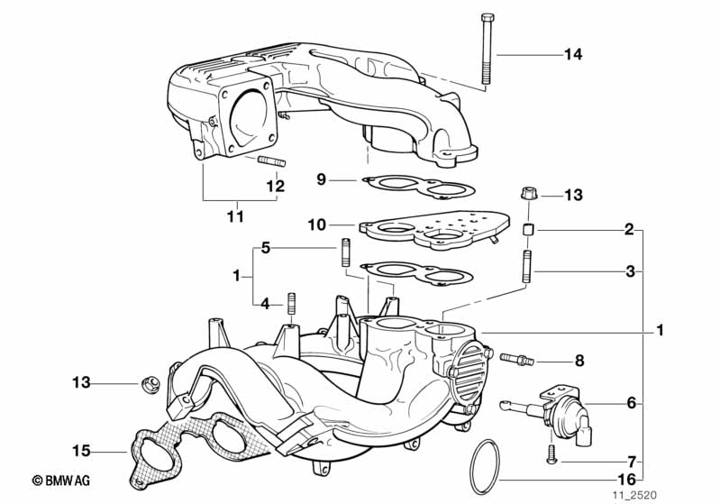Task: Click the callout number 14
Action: [x=573, y=55]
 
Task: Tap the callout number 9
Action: [x=321, y=179]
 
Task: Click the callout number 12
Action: [x=275, y=187]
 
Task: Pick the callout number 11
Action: [x=234, y=216]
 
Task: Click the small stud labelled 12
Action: [x=271, y=162]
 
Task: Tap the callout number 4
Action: [x=265, y=304]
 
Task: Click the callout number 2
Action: [x=630, y=229]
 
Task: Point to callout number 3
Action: [x=630, y=270]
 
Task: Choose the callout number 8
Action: [x=579, y=361]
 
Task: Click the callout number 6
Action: [x=630, y=403]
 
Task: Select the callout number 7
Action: [x=630, y=461]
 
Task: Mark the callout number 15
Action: [x=81, y=448]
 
